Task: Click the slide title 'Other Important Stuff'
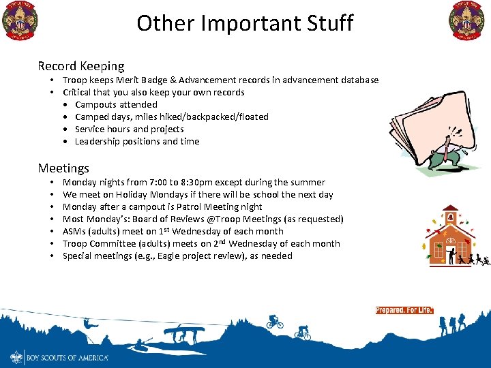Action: click(245, 23)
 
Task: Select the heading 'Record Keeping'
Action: click(81, 66)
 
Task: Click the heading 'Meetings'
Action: click(63, 168)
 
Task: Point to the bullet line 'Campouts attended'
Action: click(116, 104)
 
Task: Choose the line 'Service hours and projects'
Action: click(129, 129)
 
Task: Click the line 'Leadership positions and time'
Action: click(137, 141)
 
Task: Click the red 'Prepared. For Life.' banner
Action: click(404, 310)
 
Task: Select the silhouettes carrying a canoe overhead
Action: click(185, 333)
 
